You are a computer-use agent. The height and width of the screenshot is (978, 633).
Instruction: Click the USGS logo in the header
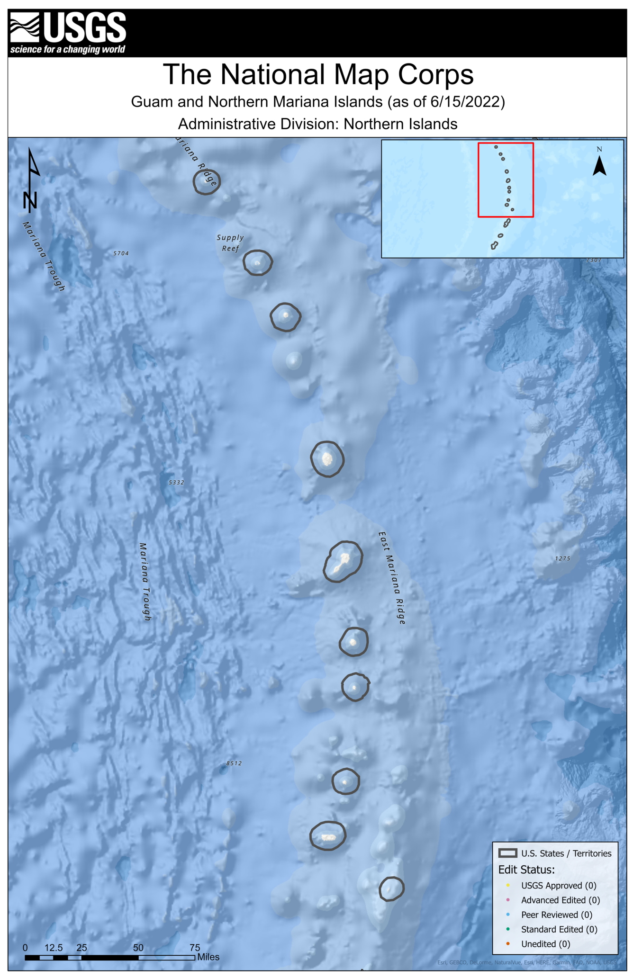(x=68, y=33)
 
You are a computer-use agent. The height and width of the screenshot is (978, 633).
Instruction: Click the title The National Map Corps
(x=318, y=75)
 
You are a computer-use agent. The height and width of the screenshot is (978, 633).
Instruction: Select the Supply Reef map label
(x=230, y=243)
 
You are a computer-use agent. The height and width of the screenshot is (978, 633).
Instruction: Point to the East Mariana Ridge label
(x=392, y=577)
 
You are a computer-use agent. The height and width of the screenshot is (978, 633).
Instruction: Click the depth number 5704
(x=121, y=253)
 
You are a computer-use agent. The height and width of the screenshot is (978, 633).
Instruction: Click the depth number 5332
(x=176, y=482)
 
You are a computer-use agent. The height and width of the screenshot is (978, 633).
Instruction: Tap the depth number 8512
(x=234, y=763)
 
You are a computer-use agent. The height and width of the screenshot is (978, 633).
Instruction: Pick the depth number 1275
(x=562, y=558)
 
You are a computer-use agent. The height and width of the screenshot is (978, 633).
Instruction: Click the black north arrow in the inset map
(x=599, y=166)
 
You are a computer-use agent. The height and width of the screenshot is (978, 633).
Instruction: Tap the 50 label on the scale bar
(x=138, y=948)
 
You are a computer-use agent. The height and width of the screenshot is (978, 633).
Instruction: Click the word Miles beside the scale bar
(x=208, y=957)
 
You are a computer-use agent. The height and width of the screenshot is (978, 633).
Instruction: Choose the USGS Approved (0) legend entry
(x=558, y=885)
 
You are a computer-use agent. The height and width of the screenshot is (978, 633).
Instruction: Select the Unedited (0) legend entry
(x=545, y=943)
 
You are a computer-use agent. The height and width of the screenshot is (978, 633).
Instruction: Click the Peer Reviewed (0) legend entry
(x=556, y=915)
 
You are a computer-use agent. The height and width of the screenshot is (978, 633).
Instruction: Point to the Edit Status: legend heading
(x=526, y=870)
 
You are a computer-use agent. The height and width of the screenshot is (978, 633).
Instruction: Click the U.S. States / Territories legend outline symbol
(x=507, y=853)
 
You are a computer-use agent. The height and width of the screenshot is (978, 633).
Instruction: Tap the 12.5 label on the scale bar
(x=54, y=948)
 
